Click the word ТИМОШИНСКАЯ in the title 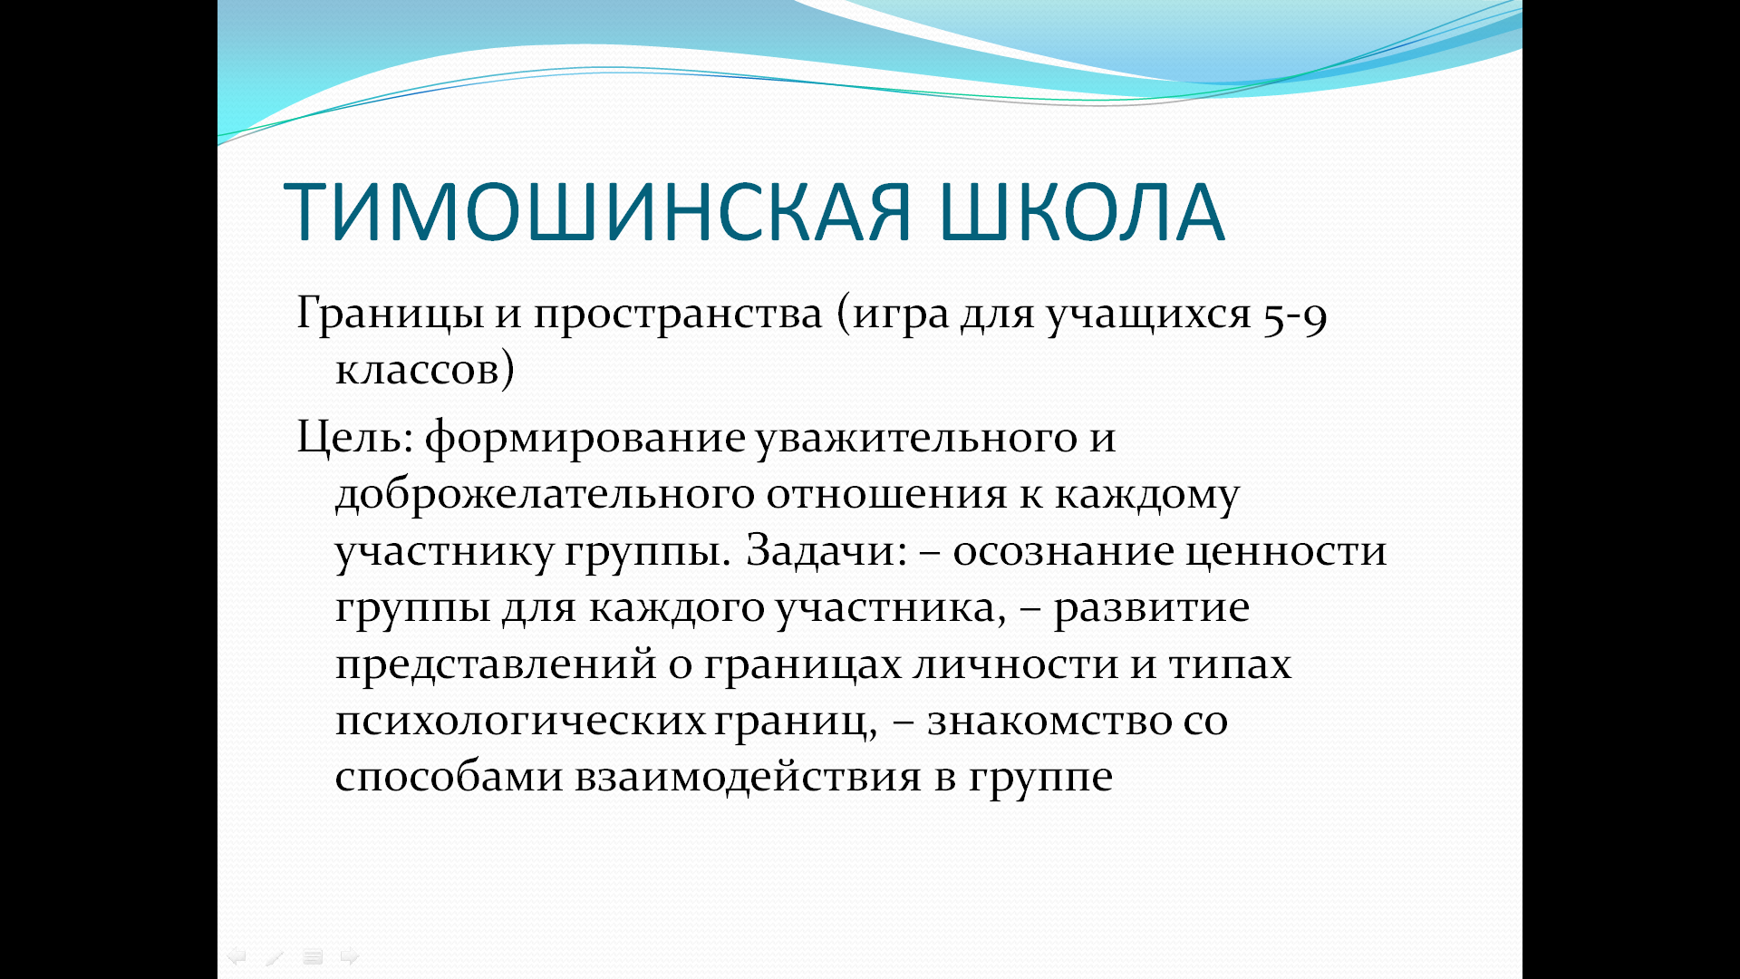(597, 212)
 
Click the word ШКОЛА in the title (1082, 212)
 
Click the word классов (418, 370)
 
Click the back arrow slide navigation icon (237, 956)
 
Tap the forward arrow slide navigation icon (350, 956)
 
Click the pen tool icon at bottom (275, 956)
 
